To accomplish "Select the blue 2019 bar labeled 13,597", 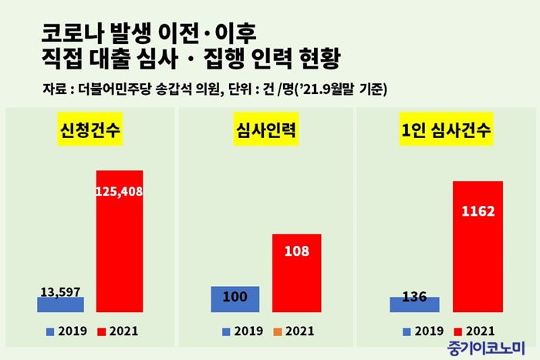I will tap(60, 304).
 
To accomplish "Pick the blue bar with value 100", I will tap(235, 299).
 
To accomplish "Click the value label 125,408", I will tap(120, 190).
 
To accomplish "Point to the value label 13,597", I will tap(60, 291).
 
